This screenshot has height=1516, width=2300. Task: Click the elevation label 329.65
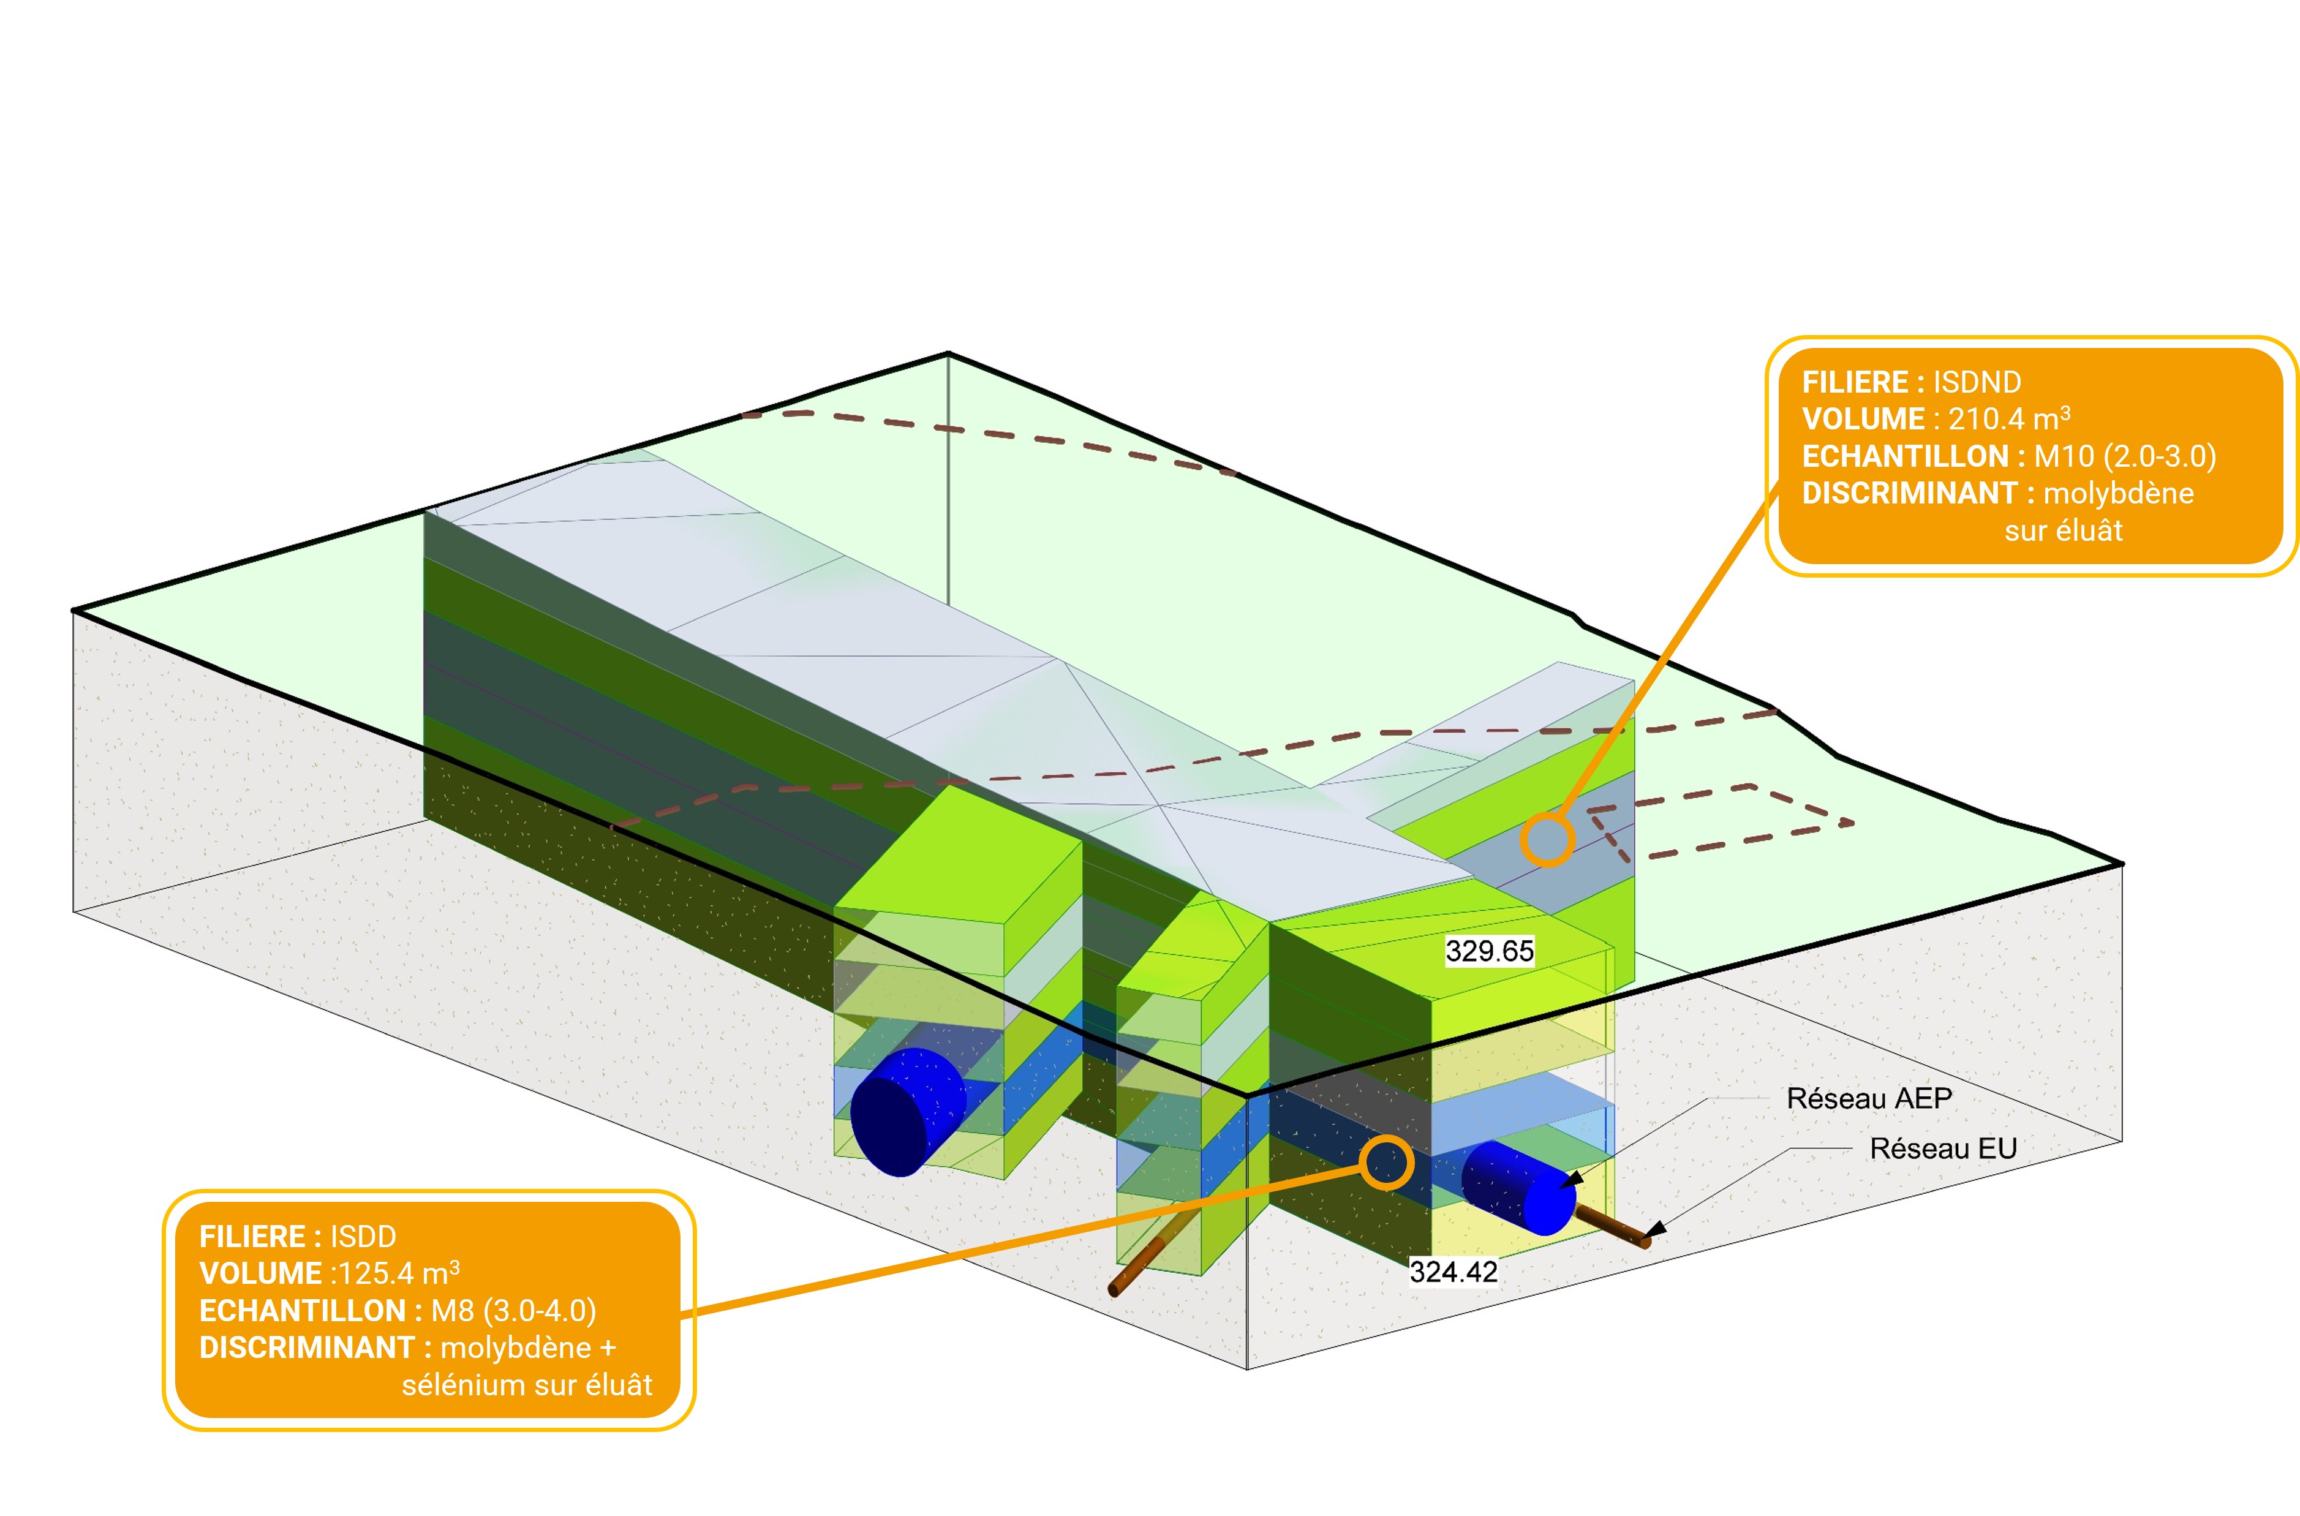(x=1489, y=951)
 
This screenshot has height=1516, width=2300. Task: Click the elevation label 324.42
(x=1453, y=1272)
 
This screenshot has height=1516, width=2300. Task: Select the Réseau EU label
(x=1944, y=1148)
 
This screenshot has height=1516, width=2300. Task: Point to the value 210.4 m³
(x=2008, y=420)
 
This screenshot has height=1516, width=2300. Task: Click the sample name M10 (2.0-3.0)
(x=2124, y=456)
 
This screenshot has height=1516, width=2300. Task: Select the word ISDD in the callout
(x=363, y=1237)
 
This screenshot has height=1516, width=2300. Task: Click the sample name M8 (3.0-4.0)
(x=513, y=1311)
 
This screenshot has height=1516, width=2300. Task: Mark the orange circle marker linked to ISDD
(x=1386, y=1162)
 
